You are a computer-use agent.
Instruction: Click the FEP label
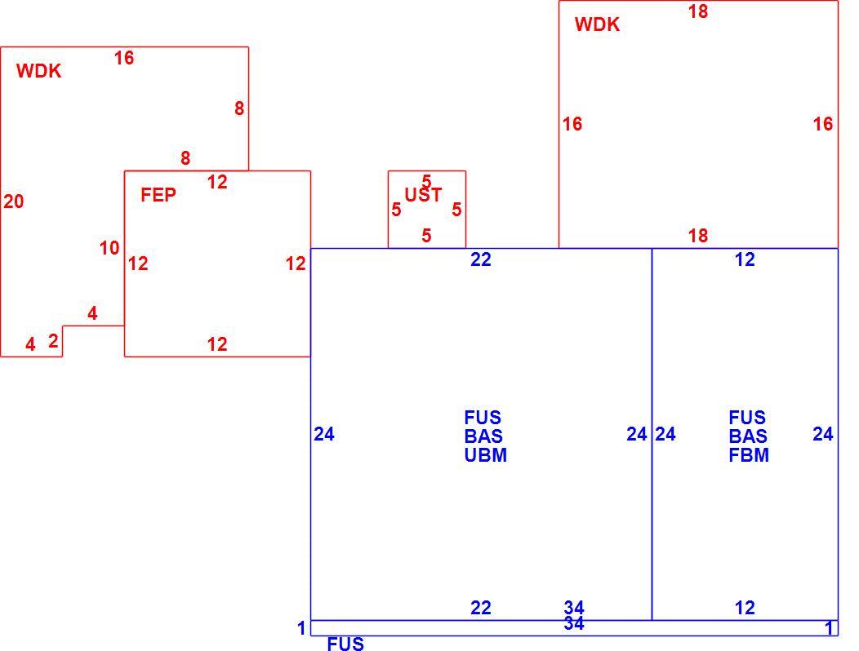click(x=158, y=195)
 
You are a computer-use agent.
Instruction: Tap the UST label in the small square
click(x=423, y=195)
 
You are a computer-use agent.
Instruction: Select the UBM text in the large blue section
click(x=485, y=455)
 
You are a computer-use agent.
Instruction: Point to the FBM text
click(x=749, y=455)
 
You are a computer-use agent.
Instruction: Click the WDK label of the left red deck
click(x=39, y=71)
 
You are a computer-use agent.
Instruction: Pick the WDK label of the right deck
click(x=597, y=24)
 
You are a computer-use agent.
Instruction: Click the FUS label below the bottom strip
click(x=345, y=644)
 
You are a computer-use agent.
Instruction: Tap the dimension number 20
click(x=14, y=201)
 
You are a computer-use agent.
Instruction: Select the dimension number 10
click(x=109, y=248)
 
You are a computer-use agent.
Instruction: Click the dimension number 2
click(x=53, y=341)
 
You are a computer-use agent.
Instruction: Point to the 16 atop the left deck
click(x=124, y=57)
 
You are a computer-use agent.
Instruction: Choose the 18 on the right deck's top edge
click(x=698, y=11)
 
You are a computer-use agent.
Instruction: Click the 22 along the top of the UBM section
click(x=480, y=259)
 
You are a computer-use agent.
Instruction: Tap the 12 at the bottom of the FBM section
click(x=745, y=608)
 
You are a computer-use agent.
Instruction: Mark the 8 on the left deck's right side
click(x=239, y=108)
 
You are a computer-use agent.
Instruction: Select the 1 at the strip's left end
click(x=301, y=628)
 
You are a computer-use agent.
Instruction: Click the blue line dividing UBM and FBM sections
click(x=652, y=434)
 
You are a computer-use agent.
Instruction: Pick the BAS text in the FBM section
click(x=748, y=436)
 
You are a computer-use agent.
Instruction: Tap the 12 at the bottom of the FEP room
click(x=217, y=344)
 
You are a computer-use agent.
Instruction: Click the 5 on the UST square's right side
click(x=456, y=209)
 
